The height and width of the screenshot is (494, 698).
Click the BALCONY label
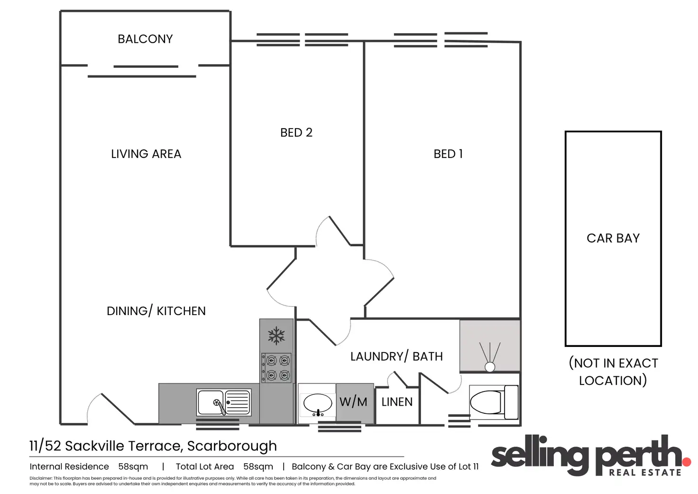coord(145,39)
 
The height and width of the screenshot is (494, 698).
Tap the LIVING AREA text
coord(146,154)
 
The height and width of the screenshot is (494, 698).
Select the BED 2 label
coord(296,132)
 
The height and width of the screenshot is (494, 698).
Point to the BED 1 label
coord(448,154)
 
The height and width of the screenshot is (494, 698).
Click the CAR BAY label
coord(613,238)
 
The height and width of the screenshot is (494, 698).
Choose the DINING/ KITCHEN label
coord(156,311)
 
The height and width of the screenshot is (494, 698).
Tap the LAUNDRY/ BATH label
coord(396,356)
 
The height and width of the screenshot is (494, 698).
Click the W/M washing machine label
coord(353,402)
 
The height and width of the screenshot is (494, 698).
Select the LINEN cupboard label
coord(397,402)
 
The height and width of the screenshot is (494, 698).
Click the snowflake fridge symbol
coord(276,336)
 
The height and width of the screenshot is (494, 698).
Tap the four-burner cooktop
coord(276,368)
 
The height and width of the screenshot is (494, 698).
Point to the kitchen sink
coord(224,403)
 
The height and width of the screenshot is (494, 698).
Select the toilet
coord(493,402)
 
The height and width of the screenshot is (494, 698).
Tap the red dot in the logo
coord(686,461)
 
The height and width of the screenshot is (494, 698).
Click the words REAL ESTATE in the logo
coord(645,473)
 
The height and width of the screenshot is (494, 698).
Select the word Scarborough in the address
coord(232,446)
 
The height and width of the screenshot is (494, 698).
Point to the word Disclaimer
coord(41,478)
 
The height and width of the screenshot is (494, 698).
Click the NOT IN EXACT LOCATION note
coord(613,372)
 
